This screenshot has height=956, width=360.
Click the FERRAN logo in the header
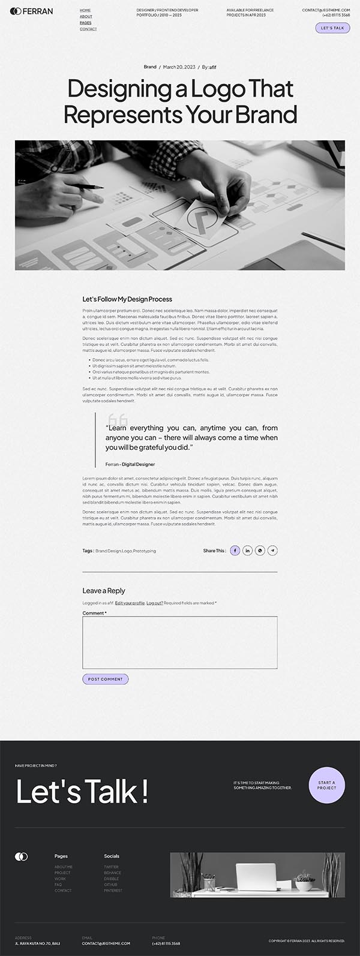coord(31,11)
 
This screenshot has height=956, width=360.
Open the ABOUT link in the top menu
coord(86,17)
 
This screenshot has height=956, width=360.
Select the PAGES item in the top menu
coord(86,23)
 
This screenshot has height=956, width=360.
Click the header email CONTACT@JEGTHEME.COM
coord(326,10)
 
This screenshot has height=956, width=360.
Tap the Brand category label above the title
coord(150,67)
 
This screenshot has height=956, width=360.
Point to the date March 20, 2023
coord(179,67)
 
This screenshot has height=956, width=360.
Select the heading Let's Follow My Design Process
coord(127,299)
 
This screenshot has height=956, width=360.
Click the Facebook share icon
coord(235,551)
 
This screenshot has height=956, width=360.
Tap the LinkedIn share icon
coord(247,551)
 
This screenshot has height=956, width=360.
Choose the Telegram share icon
coord(272,551)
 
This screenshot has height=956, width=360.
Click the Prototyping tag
coord(145,551)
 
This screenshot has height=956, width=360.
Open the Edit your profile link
coord(130,603)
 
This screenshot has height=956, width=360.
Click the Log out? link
coord(155,603)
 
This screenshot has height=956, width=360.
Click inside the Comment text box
coord(179,642)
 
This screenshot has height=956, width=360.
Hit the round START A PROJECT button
coord(326,785)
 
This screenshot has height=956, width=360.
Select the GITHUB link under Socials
coord(110,885)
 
